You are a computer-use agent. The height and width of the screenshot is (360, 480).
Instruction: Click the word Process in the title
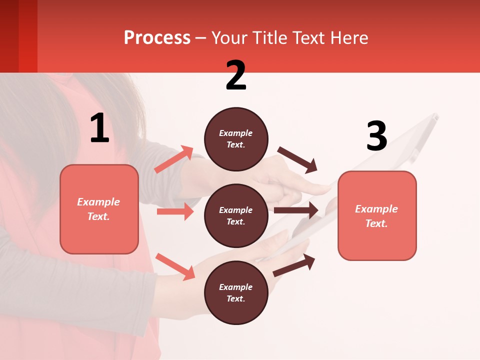click(157, 38)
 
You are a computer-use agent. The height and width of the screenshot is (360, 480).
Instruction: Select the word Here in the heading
click(348, 38)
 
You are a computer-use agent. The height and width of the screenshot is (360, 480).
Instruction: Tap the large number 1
click(99, 128)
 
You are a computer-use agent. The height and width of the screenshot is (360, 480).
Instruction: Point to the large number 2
click(236, 75)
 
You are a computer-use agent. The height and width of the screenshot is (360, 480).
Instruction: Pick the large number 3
click(376, 136)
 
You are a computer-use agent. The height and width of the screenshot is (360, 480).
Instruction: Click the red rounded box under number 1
click(99, 209)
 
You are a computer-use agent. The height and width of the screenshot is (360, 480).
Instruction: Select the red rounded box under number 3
click(377, 215)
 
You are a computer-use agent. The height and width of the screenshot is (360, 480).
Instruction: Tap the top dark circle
click(236, 139)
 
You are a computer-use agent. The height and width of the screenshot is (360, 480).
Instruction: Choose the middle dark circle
click(236, 216)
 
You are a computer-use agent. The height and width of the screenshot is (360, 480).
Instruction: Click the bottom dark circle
click(236, 293)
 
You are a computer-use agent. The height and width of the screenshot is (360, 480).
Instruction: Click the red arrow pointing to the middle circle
click(175, 211)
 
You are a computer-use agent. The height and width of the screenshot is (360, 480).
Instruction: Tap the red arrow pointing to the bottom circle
click(175, 266)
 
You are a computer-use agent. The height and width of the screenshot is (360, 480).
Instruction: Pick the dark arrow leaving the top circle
click(297, 159)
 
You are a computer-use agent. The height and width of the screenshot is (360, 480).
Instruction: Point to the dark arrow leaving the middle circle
click(296, 210)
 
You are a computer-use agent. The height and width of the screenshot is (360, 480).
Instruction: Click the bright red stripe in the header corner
click(28, 36)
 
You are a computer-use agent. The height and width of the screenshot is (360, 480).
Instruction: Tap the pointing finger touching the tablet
click(315, 189)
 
